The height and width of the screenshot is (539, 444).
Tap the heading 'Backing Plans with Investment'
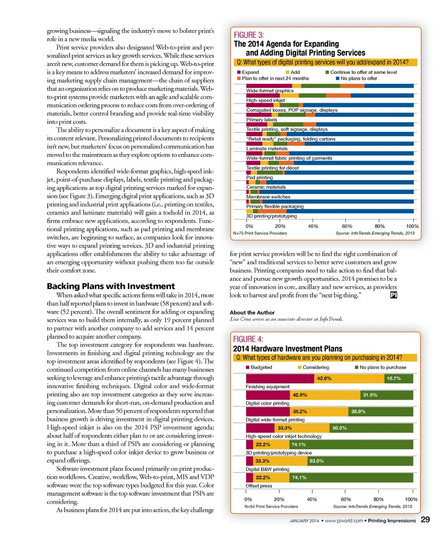(x=111, y=286)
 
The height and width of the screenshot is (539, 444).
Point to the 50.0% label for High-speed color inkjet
(x=340, y=428)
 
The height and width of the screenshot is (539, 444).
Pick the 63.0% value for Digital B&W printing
(x=316, y=461)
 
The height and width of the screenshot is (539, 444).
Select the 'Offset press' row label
(x=259, y=486)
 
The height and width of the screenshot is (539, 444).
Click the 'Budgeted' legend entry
(x=259, y=367)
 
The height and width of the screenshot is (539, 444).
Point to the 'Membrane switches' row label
(x=268, y=197)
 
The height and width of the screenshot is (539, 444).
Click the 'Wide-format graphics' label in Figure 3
(x=270, y=91)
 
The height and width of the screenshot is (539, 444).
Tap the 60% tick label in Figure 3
(x=346, y=226)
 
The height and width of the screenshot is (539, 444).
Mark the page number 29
(x=426, y=520)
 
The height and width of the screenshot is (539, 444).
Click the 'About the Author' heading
(x=252, y=312)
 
